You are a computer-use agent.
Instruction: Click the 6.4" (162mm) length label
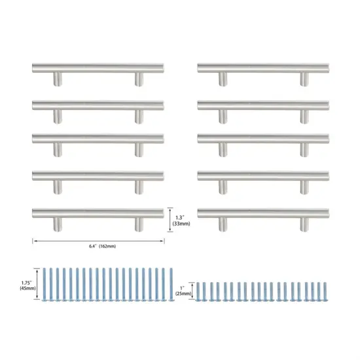[x=98, y=247]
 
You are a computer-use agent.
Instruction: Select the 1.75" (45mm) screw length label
[x=28, y=284]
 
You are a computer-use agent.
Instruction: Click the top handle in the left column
[x=98, y=67]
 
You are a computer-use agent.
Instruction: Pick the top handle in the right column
[x=262, y=67]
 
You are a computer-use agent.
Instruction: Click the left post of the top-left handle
[x=58, y=79]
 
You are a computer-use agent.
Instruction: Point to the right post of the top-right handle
[x=304, y=79]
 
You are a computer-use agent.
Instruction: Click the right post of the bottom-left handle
[x=139, y=224]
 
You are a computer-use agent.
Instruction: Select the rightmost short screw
[x=325, y=292]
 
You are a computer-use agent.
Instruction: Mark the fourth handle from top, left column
[x=98, y=176]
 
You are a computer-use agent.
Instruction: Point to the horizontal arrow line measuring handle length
[x=98, y=240]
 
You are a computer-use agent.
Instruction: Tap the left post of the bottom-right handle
[x=223, y=224]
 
